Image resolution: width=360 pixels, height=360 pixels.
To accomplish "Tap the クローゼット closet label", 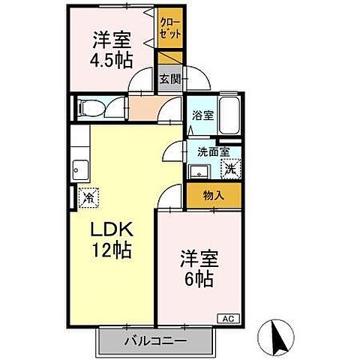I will tap(166, 28).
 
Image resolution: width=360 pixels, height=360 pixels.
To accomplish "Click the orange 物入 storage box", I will tap(213, 195).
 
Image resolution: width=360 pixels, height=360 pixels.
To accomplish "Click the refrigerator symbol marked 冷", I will tap(88, 198).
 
